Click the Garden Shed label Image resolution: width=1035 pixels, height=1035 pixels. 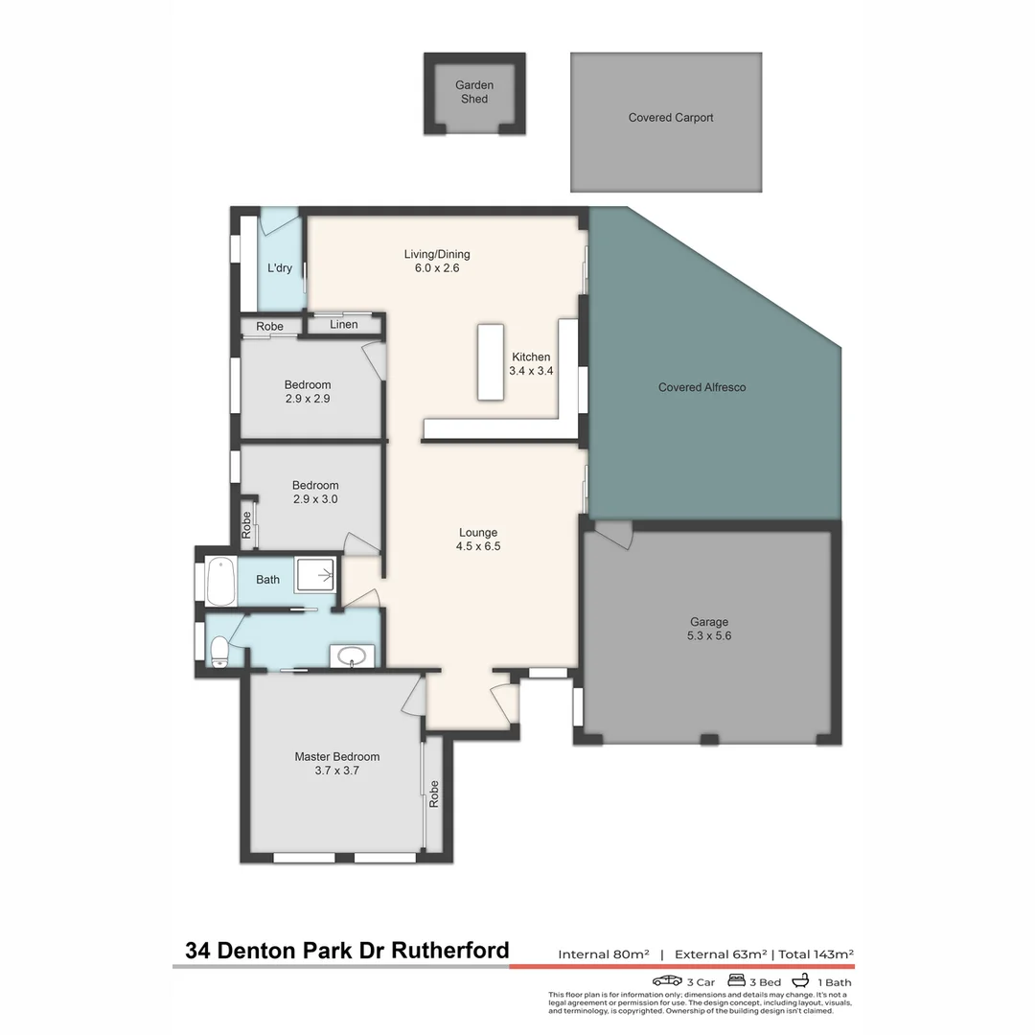(474, 92)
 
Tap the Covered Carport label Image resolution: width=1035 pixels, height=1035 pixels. (671, 118)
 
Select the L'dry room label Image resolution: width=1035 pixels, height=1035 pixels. (280, 268)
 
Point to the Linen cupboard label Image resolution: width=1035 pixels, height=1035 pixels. (343, 325)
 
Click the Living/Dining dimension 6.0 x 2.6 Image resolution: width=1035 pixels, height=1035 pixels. (437, 269)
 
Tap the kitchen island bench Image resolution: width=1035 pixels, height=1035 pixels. (491, 361)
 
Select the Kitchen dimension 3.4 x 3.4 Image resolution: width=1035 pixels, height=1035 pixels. (531, 371)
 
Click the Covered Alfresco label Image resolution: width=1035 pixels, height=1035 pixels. (701, 387)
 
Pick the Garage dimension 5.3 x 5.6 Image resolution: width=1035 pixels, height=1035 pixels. (709, 635)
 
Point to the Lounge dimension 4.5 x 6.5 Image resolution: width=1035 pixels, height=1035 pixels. (478, 546)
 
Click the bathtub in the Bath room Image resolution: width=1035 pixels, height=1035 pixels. (220, 580)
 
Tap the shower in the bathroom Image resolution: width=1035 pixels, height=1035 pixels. (317, 576)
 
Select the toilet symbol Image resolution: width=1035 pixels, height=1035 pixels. (218, 651)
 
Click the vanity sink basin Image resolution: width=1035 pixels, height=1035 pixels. (352, 656)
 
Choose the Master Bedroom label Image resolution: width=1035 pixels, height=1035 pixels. (336, 756)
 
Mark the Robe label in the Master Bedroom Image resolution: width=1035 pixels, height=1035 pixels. (434, 793)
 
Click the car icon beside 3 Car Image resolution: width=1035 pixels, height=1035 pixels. (667, 981)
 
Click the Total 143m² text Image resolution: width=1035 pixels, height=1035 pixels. (816, 954)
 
